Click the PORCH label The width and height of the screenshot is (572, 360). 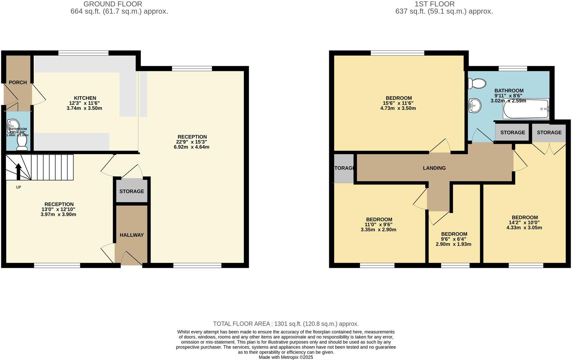(x=18, y=83)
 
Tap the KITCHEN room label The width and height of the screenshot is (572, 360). (x=85, y=98)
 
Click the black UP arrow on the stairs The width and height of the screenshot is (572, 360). (x=19, y=171)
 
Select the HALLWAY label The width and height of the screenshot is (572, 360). (x=132, y=235)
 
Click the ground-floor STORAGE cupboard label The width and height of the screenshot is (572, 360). (x=132, y=191)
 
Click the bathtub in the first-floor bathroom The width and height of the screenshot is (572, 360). (x=526, y=109)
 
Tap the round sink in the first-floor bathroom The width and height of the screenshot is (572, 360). (x=475, y=106)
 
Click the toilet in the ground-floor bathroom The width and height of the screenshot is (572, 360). (x=22, y=143)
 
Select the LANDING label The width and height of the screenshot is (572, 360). (x=434, y=168)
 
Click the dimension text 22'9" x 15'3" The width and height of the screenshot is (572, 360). (x=192, y=142)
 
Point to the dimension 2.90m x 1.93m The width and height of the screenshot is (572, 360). (x=454, y=244)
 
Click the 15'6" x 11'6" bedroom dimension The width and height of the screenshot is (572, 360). (x=398, y=103)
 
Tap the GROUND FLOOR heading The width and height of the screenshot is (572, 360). (x=113, y=4)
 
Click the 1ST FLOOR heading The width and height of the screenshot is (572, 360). (x=434, y=4)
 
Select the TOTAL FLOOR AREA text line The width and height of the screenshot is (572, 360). (x=286, y=324)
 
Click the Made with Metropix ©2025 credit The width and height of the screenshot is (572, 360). (x=286, y=357)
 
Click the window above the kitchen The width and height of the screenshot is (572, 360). (x=83, y=53)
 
